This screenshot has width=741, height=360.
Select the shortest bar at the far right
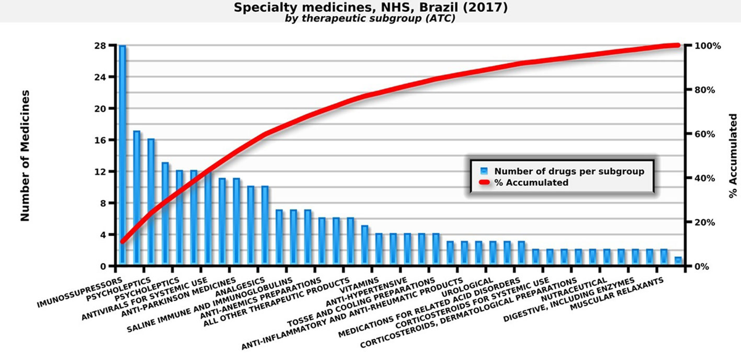(x=678, y=262)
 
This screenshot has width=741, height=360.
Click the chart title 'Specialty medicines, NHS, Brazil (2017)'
(x=370, y=8)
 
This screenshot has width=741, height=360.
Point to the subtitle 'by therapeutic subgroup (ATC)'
(x=370, y=19)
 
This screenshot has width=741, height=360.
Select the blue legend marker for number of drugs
(x=485, y=171)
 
